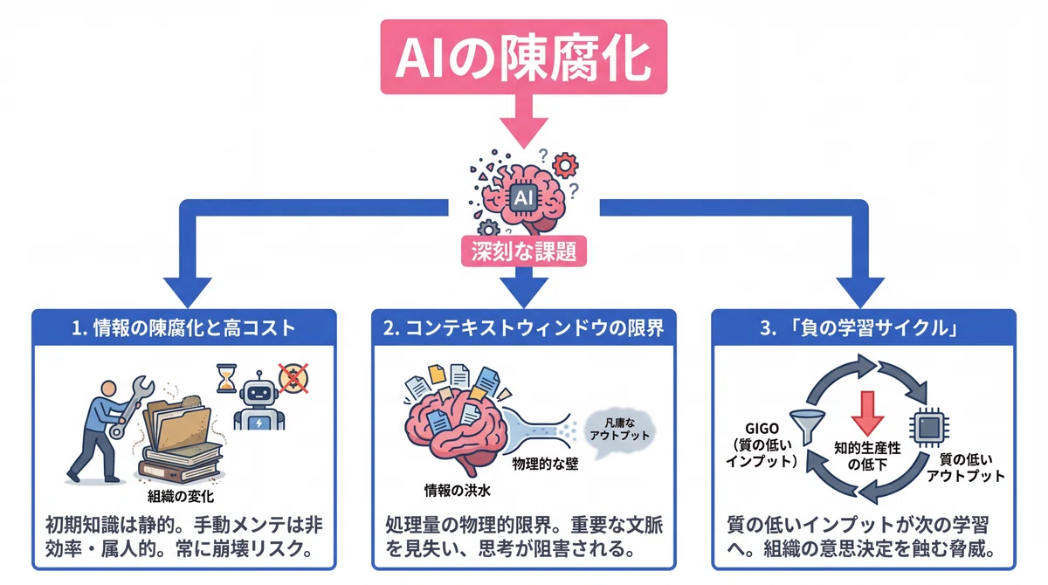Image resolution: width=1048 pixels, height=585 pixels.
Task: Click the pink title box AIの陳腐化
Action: pos(523,57)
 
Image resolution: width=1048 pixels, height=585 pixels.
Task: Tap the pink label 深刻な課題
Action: pos(523,251)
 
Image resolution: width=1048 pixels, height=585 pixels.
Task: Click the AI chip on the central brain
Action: pos(523,198)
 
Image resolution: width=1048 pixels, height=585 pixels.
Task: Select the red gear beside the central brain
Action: pos(565,165)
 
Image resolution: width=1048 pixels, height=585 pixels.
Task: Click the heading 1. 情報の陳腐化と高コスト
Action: pos(184,327)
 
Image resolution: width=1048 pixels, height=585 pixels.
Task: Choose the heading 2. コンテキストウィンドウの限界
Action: pos(523,327)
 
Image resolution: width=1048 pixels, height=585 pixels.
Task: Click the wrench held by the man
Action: pos(133,406)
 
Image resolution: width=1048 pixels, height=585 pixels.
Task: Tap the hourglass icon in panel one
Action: pos(226,378)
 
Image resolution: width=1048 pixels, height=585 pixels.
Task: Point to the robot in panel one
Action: pos(259,402)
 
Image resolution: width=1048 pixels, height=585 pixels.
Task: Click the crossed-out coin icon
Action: pos(293,378)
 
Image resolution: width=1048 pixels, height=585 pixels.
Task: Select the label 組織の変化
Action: pos(181,496)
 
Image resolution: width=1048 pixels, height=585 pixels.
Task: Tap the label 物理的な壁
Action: pos(545,464)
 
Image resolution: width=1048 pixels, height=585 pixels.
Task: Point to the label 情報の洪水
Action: pos(457,490)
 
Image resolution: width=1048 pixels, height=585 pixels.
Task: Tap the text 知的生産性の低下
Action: pos(867,456)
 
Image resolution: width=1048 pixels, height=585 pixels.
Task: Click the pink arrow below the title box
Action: pos(523,121)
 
